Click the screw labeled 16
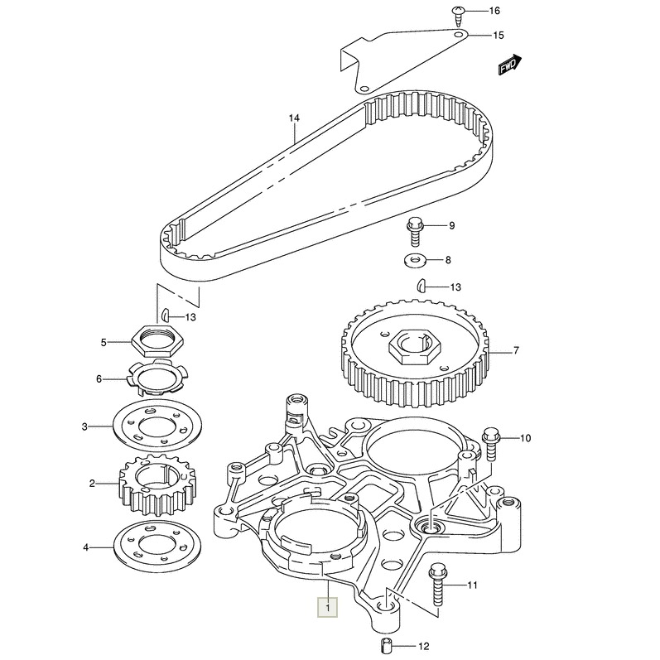click(x=457, y=12)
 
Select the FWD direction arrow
click(x=508, y=65)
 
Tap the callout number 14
click(x=293, y=118)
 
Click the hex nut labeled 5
click(x=155, y=340)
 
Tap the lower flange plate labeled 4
click(x=155, y=547)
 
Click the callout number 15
click(x=498, y=36)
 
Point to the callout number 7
click(x=515, y=351)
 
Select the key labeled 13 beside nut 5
click(x=166, y=315)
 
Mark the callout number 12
click(x=425, y=646)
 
